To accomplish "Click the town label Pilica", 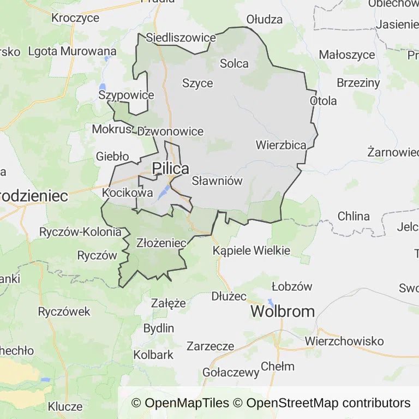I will [171, 169].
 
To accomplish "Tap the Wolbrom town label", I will [283, 312].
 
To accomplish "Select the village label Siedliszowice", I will [181, 38].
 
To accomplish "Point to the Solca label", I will [234, 63].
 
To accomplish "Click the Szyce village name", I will [197, 83].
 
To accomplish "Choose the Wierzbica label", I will [281, 145].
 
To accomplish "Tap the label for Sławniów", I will [217, 181].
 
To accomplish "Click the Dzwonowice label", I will [170, 131].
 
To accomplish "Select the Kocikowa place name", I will [128, 193].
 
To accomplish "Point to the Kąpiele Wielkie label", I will [252, 251].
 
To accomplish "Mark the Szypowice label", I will [126, 95].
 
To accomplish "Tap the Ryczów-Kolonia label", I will [80, 232].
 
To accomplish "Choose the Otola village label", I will [324, 101].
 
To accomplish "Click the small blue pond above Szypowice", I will [102, 87].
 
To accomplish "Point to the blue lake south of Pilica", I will [163, 192].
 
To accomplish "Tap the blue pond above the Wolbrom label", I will [271, 302].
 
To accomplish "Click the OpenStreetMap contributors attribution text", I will [328, 403].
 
